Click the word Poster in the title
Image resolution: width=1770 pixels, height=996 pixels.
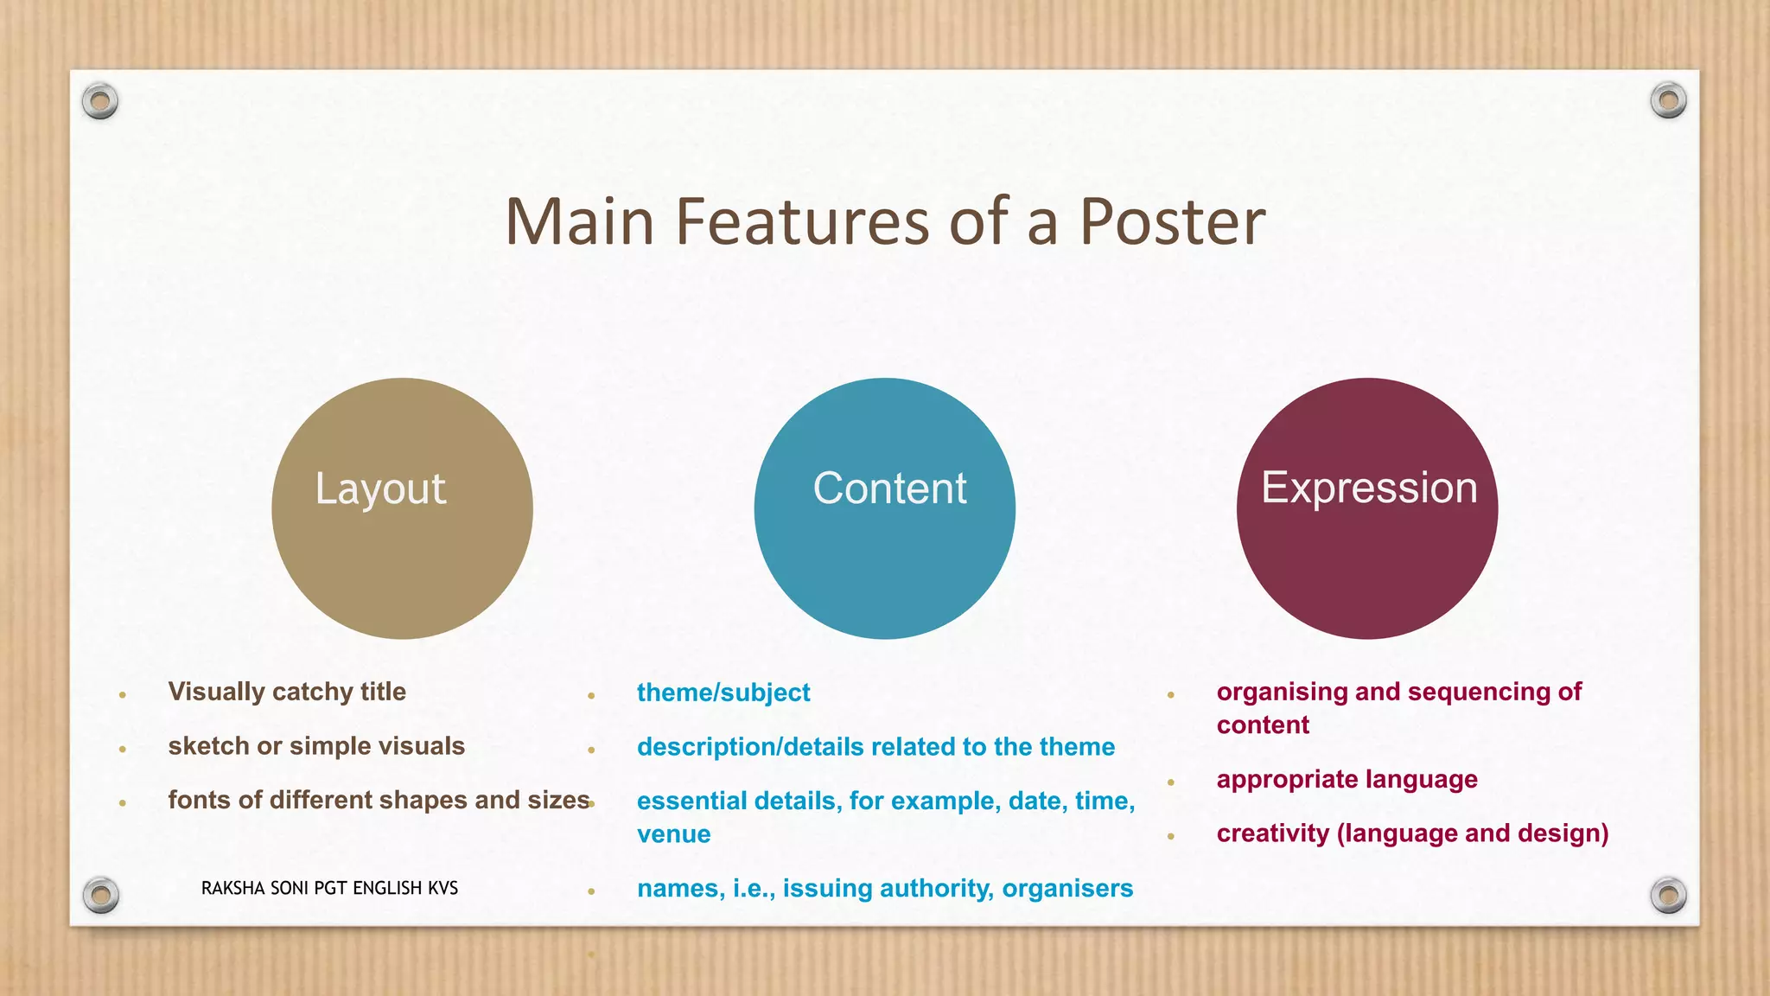click(1172, 222)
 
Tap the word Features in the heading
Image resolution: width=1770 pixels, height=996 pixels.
click(801, 222)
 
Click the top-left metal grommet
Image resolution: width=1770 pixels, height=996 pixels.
click(100, 101)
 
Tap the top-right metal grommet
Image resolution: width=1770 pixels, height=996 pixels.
click(1668, 101)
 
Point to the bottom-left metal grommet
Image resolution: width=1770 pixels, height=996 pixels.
click(100, 895)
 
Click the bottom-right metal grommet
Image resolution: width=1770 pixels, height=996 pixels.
click(1668, 895)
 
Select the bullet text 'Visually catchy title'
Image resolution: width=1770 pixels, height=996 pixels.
click(287, 692)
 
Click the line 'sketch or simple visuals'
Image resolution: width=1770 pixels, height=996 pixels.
click(316, 746)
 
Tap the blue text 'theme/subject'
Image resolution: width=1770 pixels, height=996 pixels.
click(723, 693)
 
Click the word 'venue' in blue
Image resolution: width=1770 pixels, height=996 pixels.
click(674, 834)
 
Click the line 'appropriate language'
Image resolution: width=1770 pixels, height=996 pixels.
click(1347, 780)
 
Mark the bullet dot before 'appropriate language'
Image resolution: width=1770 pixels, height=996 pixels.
click(1171, 782)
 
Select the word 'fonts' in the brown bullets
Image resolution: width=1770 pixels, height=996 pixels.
click(200, 800)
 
